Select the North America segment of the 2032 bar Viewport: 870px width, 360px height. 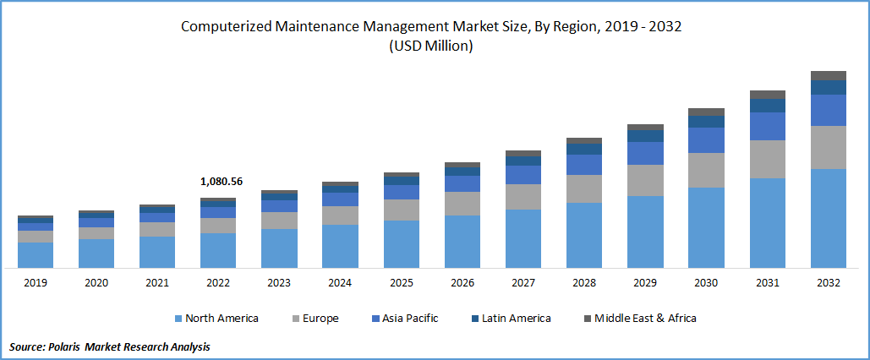coord(828,218)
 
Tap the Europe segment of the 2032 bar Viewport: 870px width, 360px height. coord(828,147)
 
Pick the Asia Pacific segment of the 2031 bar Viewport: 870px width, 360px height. coord(767,126)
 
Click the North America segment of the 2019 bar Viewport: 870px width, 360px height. coord(36,255)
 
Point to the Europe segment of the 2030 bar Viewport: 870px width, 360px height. coord(706,170)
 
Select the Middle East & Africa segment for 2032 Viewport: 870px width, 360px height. coord(828,75)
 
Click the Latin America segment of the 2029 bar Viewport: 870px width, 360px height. coord(645,136)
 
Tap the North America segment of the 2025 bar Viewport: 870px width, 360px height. coord(402,244)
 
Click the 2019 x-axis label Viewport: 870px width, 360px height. coord(36,283)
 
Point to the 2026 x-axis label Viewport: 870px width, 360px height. coord(462,283)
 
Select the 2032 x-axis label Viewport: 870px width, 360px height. coord(828,283)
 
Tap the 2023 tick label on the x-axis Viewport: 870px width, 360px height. coord(279,283)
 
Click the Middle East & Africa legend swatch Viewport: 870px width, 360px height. coord(588,319)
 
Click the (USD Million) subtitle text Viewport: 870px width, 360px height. coord(431,47)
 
